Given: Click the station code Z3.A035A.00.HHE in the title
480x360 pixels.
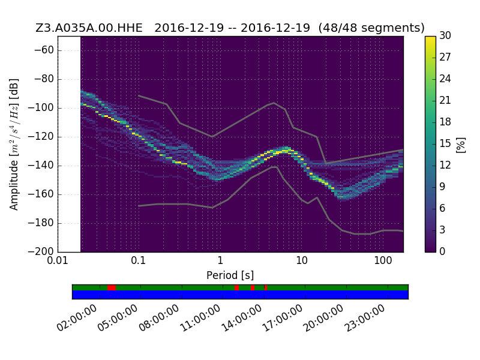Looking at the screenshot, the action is [x=89, y=28].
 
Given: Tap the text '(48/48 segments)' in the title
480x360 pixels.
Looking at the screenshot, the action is [x=371, y=28].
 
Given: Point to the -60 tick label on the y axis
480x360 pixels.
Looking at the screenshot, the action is [x=44, y=50].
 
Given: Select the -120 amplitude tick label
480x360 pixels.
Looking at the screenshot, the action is [x=41, y=136].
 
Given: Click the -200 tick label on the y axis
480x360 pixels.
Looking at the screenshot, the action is [x=41, y=251].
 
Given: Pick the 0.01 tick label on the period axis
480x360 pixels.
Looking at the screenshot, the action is [x=58, y=260].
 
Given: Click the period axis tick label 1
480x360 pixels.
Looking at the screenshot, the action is [x=220, y=260].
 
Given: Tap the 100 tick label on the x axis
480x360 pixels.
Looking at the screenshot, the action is [x=383, y=260].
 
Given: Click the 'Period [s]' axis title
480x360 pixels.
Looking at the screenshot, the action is [x=230, y=275].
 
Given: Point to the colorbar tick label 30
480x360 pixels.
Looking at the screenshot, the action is [x=445, y=35].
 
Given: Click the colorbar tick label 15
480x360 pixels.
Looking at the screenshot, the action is [x=445, y=143].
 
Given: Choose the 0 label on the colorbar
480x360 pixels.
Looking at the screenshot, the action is [x=442, y=251].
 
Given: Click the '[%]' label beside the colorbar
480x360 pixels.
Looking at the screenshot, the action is [x=461, y=145].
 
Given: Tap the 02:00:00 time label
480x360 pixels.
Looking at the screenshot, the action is [x=77, y=319].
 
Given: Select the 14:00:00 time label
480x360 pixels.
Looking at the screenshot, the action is [x=242, y=319].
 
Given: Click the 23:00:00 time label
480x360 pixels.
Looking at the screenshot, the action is [x=365, y=319].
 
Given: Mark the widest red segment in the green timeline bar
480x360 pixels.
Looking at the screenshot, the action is [x=112, y=288].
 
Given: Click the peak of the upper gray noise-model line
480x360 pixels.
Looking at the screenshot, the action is [x=274, y=103].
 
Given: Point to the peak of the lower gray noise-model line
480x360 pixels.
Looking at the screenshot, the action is [x=274, y=167].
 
